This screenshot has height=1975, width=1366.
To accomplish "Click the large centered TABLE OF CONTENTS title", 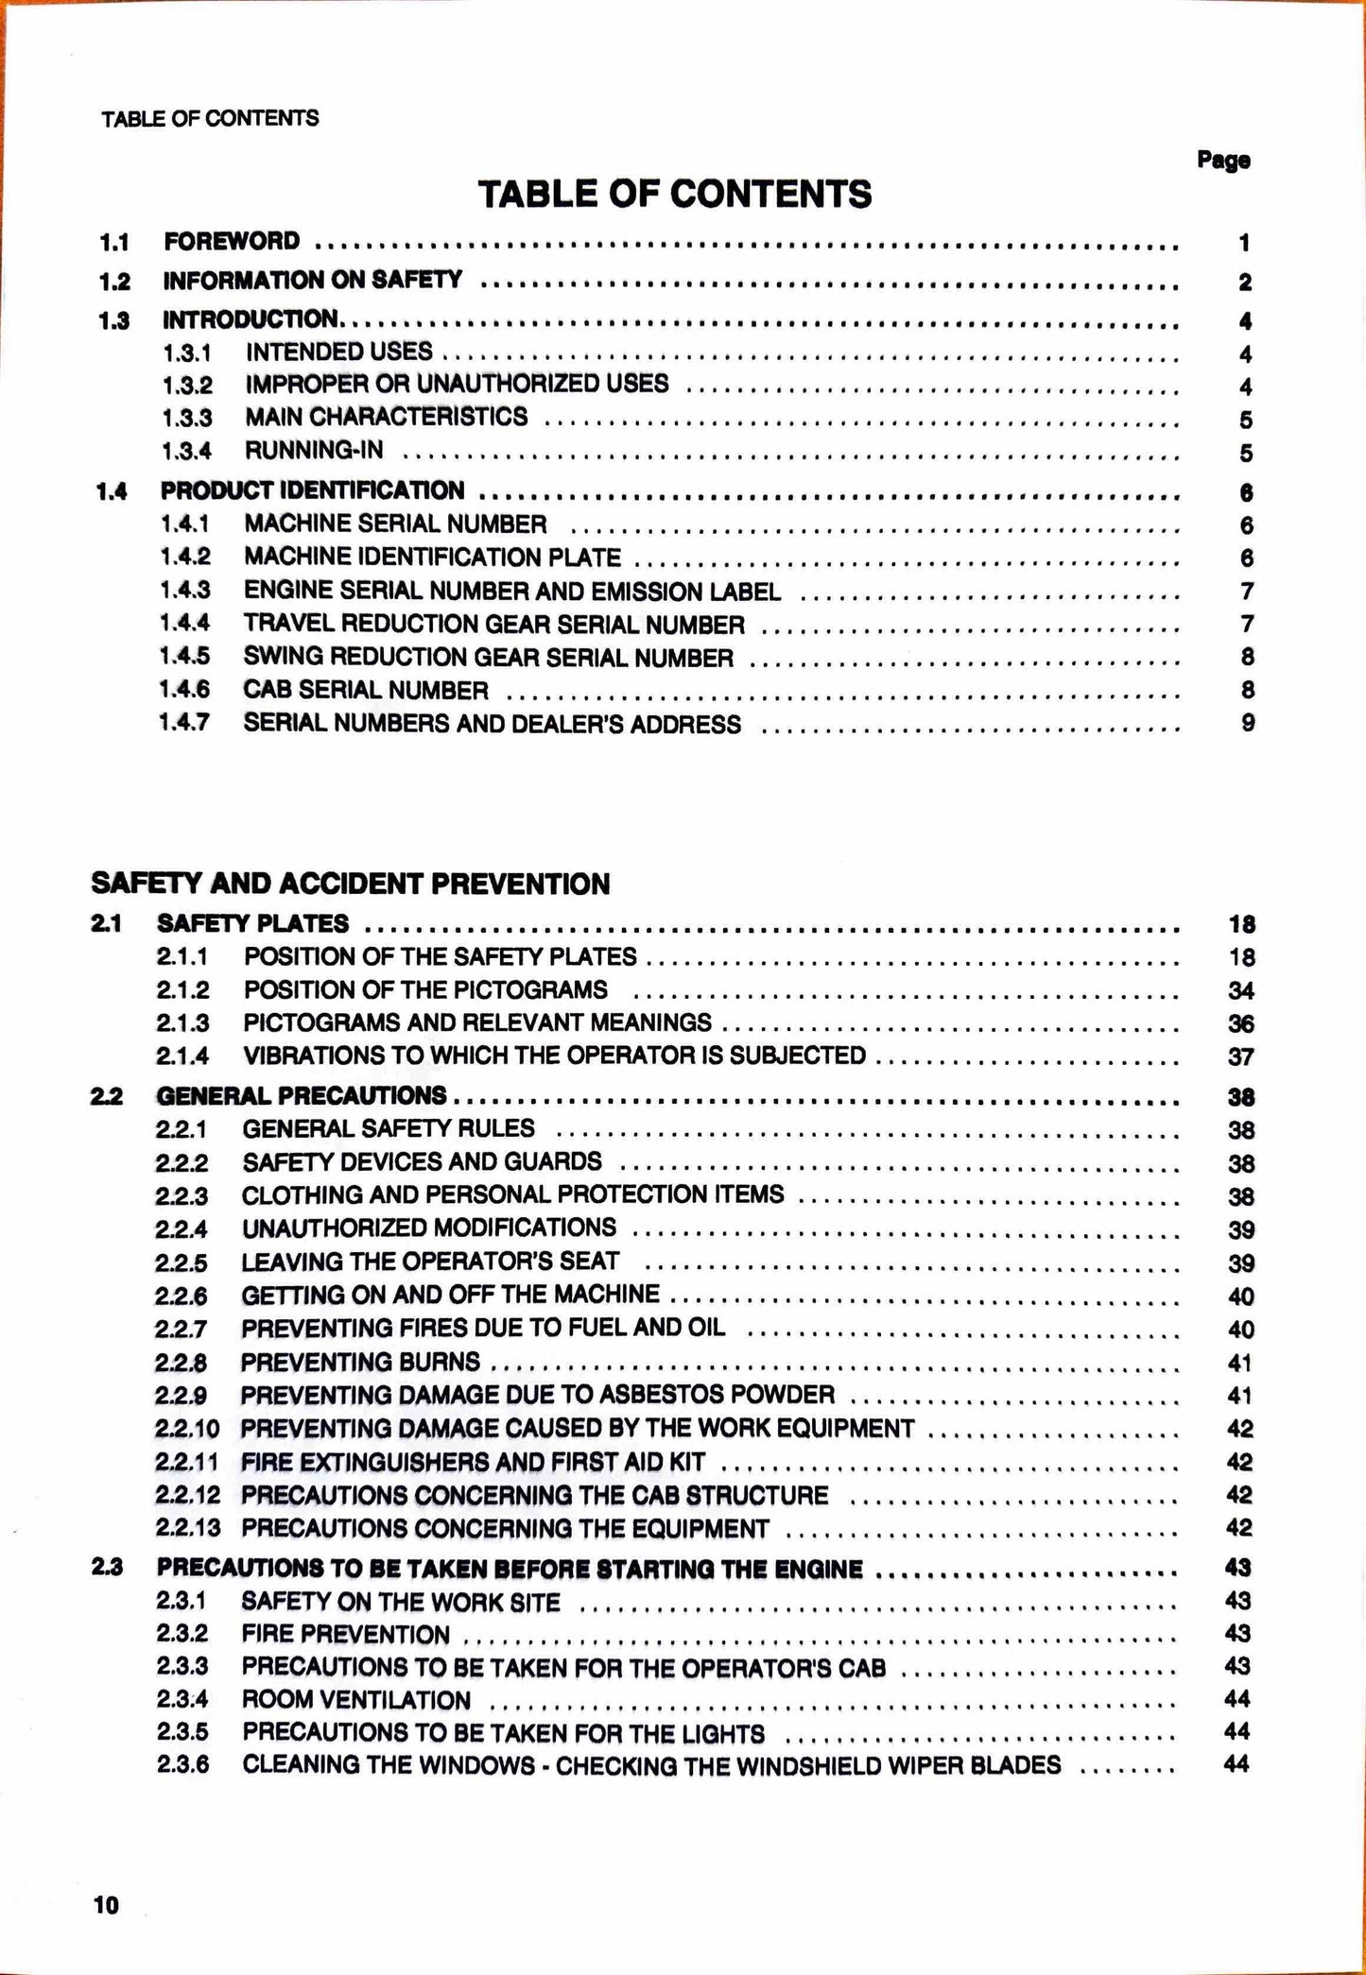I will pyautogui.click(x=675, y=195).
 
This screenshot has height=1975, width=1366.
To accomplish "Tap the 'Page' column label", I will pyautogui.click(x=1223, y=160).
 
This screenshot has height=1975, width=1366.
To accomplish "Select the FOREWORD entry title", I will pyautogui.click(x=232, y=242).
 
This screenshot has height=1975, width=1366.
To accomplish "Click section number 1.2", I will pyautogui.click(x=114, y=282).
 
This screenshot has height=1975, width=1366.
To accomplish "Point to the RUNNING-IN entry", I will pyautogui.click(x=314, y=450).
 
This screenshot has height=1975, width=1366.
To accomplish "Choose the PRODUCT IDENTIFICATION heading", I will pyautogui.click(x=312, y=490).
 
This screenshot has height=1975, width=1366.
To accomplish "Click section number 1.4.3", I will pyautogui.click(x=184, y=591).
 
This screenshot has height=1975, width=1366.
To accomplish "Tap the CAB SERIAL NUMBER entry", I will pyautogui.click(x=366, y=690).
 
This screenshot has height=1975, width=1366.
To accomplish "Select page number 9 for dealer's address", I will pyautogui.click(x=1248, y=723).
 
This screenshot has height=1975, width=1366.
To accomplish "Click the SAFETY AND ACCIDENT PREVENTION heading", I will pyautogui.click(x=351, y=884).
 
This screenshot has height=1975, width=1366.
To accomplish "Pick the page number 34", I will pyautogui.click(x=1241, y=991).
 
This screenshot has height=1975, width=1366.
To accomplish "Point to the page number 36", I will pyautogui.click(x=1241, y=1024).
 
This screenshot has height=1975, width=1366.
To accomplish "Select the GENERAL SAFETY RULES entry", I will pyautogui.click(x=389, y=1128).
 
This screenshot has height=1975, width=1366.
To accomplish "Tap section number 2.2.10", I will pyautogui.click(x=187, y=1429).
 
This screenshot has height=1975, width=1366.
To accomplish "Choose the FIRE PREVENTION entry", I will pyautogui.click(x=346, y=1635).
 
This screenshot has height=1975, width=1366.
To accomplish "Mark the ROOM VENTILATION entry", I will pyautogui.click(x=356, y=1700).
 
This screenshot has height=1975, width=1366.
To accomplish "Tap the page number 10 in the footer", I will pyautogui.click(x=107, y=1905).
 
